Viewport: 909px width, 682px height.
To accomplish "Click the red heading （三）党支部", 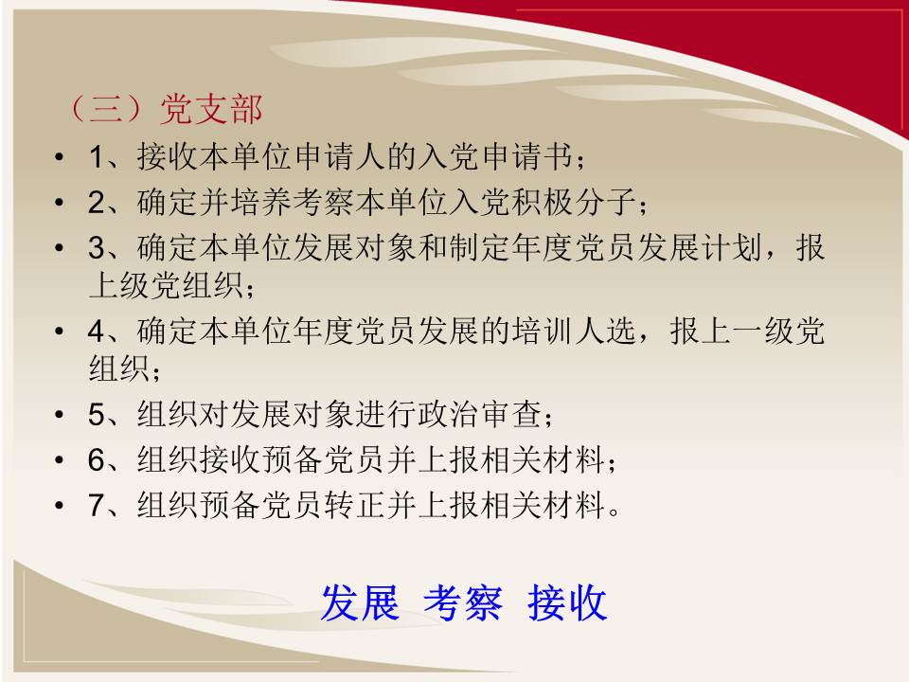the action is (x=165, y=108).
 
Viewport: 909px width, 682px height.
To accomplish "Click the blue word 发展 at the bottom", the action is (x=360, y=602).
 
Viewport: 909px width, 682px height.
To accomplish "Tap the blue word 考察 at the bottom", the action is (x=463, y=602).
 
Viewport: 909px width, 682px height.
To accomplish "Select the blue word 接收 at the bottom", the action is (x=567, y=602).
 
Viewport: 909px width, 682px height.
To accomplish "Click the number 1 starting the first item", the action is (x=97, y=157).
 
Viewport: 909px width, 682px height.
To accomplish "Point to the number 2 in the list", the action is (x=97, y=203).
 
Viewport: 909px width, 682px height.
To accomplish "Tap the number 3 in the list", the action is (x=97, y=247).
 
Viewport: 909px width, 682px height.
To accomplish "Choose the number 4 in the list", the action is (x=97, y=332).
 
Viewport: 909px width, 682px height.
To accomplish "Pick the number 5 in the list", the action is (x=97, y=415).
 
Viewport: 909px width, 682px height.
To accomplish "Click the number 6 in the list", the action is (x=97, y=460).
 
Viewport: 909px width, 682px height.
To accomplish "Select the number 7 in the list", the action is (x=97, y=505).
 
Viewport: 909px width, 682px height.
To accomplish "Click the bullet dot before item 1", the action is (x=59, y=157).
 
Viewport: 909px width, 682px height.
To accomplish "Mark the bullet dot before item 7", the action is (x=59, y=506).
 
